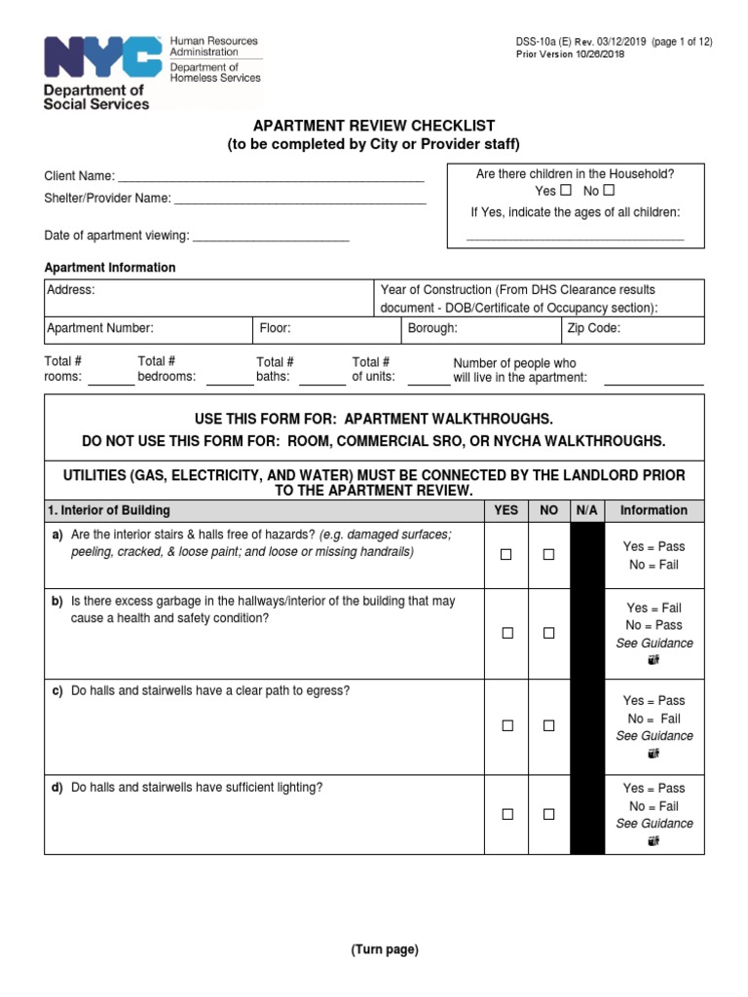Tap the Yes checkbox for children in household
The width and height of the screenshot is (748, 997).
click(x=565, y=191)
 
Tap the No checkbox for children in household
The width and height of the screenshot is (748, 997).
click(x=609, y=191)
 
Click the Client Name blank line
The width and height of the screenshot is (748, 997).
click(x=271, y=180)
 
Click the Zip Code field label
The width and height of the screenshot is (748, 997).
click(x=593, y=329)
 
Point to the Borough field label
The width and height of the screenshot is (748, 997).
click(x=432, y=329)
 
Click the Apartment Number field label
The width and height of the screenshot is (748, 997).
click(x=100, y=329)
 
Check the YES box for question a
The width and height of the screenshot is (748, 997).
click(x=506, y=555)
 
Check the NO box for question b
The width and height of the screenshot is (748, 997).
click(x=548, y=633)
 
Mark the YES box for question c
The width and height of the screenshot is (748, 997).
click(x=506, y=726)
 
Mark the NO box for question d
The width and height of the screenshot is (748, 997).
click(x=548, y=814)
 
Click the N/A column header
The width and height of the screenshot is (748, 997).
click(x=586, y=510)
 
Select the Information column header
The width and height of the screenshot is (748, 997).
click(x=654, y=510)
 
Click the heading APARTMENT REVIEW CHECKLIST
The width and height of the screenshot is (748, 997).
click(x=374, y=127)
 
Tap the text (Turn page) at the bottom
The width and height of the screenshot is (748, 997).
click(x=385, y=950)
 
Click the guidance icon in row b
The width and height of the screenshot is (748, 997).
click(x=654, y=660)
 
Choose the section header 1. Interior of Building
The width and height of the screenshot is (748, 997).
click(x=109, y=510)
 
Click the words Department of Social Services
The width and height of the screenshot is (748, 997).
click(x=95, y=97)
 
